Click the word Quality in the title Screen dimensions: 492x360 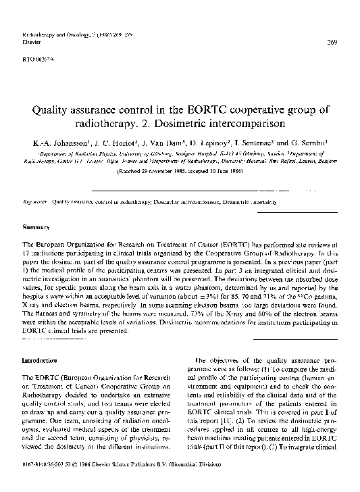pos(51,111)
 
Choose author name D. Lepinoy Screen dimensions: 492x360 pos(219,144)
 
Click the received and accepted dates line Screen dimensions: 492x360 pos(180,172)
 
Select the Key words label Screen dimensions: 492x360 pos(35,201)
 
